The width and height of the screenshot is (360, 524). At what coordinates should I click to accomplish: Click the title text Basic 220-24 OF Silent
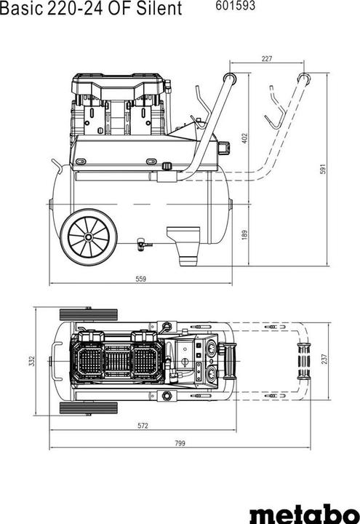click(x=91, y=9)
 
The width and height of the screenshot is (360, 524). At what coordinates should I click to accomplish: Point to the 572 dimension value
click(x=143, y=425)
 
